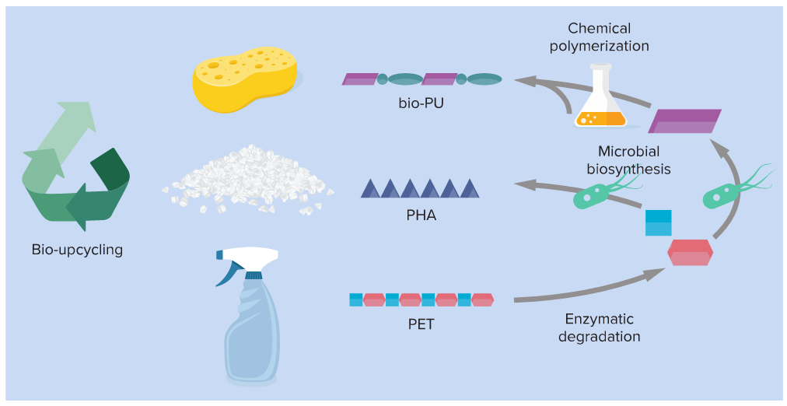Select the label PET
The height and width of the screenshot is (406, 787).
421,324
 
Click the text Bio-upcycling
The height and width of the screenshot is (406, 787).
77,250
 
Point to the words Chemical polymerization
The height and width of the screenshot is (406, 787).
599,37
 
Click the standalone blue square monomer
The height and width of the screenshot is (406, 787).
658,222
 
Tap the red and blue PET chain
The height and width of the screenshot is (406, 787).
421,299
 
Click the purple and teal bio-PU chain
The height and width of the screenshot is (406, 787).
421,79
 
